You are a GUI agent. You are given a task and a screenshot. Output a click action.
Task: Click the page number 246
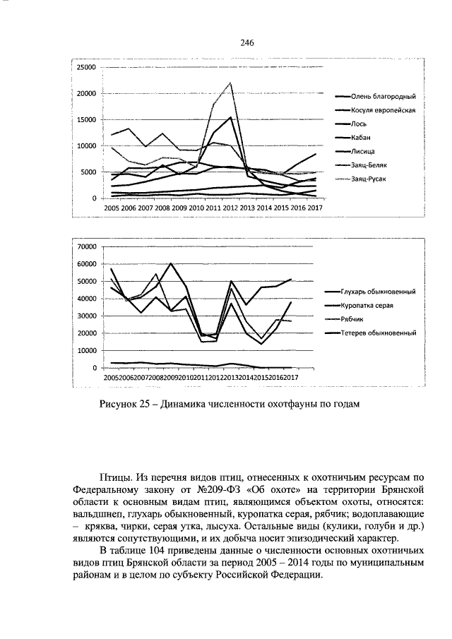[246, 43]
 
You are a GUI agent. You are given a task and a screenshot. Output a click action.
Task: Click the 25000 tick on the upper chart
[87, 67]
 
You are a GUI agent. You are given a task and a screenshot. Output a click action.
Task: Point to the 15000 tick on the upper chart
[87, 119]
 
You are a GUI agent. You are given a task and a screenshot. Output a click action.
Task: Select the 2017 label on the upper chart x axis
[315, 208]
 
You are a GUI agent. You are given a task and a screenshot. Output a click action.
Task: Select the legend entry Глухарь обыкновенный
[377, 291]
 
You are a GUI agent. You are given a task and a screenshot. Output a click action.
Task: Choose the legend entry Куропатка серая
[371, 305]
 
